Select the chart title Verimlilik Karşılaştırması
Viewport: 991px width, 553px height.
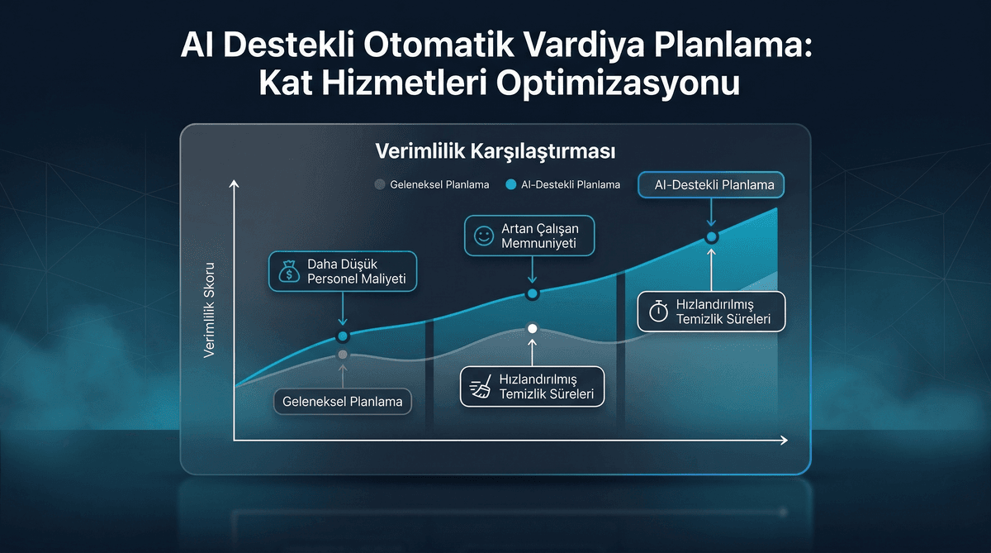(x=495, y=152)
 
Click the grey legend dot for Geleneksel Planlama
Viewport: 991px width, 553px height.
(x=380, y=184)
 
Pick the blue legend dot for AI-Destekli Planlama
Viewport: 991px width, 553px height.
(x=510, y=184)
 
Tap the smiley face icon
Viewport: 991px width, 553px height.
(x=483, y=235)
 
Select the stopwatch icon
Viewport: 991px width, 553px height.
(x=658, y=311)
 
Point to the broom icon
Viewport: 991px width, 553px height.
(x=480, y=387)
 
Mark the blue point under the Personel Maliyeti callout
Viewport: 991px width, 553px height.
(x=343, y=336)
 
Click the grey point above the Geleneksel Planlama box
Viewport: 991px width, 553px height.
(x=343, y=355)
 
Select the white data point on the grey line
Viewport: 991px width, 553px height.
(x=533, y=329)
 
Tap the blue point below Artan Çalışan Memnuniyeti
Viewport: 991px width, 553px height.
(x=533, y=293)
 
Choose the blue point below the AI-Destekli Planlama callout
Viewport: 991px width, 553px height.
(x=711, y=237)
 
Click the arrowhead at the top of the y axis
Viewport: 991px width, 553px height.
(x=235, y=184)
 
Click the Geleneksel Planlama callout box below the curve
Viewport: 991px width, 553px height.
(x=343, y=402)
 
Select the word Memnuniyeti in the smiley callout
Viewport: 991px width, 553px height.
(x=538, y=244)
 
